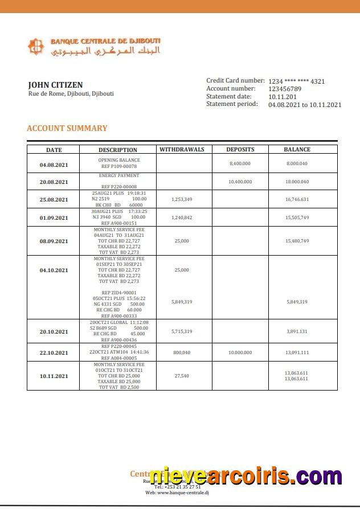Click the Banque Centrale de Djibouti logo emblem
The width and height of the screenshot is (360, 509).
(36, 46)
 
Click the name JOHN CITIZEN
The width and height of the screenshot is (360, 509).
(55, 85)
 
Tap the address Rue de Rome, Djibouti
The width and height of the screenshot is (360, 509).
(71, 93)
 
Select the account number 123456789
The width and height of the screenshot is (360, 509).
(285, 89)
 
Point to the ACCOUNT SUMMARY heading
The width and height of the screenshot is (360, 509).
(67, 128)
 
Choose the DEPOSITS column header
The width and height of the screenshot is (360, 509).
(240, 150)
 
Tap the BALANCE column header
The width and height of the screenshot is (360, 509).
(297, 150)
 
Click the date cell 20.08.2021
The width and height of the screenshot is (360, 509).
(54, 182)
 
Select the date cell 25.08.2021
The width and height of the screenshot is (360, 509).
(54, 199)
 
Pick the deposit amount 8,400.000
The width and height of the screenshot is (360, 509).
(240, 163)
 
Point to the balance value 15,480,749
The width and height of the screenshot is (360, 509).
(297, 241)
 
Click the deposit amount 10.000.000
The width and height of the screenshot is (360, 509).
(240, 352)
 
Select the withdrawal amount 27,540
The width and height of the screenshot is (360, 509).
(182, 376)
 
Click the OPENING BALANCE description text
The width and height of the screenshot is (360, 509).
(118, 160)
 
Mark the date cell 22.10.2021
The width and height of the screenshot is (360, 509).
(54, 352)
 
